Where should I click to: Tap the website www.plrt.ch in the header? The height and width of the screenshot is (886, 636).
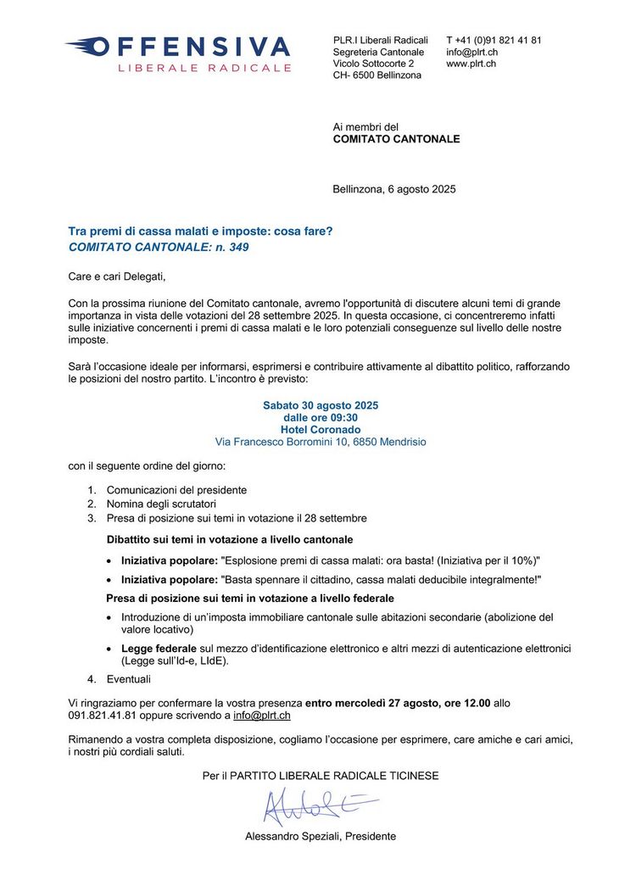pos(471,64)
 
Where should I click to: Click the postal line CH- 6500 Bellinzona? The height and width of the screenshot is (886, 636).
pos(377,75)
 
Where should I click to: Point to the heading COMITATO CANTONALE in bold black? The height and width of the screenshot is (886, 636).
pos(396,138)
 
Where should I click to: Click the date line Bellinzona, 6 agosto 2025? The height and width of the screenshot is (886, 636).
pos(394,189)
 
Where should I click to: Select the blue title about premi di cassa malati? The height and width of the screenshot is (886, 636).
pos(200,231)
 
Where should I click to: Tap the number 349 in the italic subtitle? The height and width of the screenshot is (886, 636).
pos(239,247)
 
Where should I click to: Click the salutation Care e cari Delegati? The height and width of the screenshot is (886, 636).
pos(117,276)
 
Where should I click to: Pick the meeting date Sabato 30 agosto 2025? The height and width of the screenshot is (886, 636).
pos(321,405)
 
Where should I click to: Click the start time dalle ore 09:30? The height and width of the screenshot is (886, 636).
pos(321,417)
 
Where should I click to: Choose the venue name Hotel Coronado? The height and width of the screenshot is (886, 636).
pos(321,430)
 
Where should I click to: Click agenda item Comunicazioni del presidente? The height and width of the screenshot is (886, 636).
pos(176,490)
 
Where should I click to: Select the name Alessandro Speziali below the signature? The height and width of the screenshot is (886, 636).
pos(284,836)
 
